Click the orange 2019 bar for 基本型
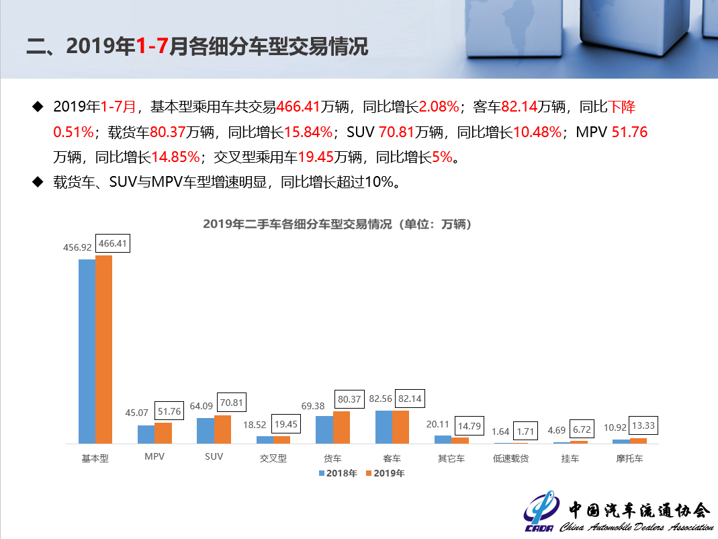coord(103,349)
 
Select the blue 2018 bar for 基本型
coord(87,351)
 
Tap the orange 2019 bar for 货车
coord(341,427)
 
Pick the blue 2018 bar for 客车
coord(384,427)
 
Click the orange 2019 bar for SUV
coord(222,429)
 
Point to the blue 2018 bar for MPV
coord(146,434)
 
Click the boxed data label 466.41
coord(113,244)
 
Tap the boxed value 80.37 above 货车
coord(349,399)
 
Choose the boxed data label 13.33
coord(642,425)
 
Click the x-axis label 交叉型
coord(273,458)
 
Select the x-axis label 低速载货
coord(510,458)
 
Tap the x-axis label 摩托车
coord(629,458)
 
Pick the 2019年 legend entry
coord(386,473)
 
